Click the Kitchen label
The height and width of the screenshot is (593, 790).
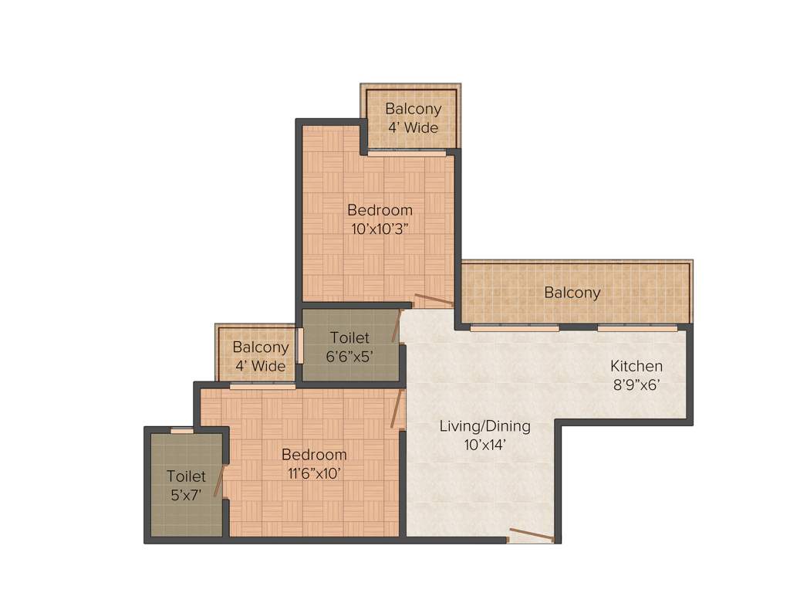(636, 366)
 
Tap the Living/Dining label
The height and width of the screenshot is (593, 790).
(484, 425)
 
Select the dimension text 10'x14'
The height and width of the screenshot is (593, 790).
(484, 445)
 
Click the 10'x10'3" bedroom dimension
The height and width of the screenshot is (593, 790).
(380, 229)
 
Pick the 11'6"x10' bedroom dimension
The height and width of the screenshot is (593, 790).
(313, 473)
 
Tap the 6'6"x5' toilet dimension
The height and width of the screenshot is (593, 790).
(351, 356)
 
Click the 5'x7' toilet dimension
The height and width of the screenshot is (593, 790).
(186, 495)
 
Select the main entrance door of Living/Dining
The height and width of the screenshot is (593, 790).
(532, 535)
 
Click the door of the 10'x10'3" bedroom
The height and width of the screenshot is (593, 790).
(434, 300)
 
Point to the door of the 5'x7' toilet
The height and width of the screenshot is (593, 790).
(218, 480)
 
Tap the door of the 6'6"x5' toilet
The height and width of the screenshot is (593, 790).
(397, 326)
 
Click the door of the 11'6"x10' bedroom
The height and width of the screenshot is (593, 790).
(397, 408)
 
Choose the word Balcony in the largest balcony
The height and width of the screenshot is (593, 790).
(572, 293)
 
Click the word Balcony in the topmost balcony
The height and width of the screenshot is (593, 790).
(413, 109)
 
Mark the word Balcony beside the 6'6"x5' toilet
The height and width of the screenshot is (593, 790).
(260, 347)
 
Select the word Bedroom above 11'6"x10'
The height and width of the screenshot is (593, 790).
(313, 454)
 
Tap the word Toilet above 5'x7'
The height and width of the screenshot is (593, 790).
(186, 476)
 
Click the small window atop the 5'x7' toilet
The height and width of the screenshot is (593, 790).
(182, 431)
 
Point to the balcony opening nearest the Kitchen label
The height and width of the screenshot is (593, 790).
(637, 328)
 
